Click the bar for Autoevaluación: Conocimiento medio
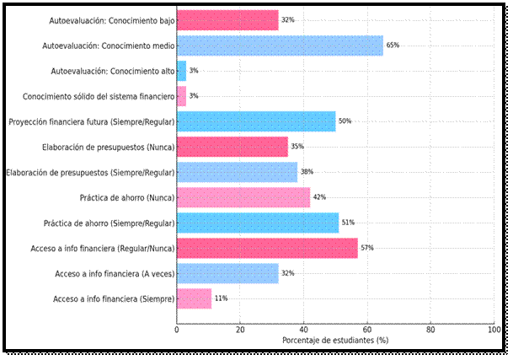(280, 45)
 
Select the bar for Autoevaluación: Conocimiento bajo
(227, 19)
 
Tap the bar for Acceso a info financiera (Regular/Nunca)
(267, 248)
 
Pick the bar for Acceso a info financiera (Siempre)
(194, 298)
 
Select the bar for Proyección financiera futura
(256, 121)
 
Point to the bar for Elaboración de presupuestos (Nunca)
(232, 147)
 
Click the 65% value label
(393, 46)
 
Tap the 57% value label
(367, 248)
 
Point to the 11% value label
(222, 298)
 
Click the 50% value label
(345, 121)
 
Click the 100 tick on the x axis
(494, 330)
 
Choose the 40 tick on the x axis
(303, 330)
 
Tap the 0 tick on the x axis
(177, 330)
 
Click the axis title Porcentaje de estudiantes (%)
(335, 341)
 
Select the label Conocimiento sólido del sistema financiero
(99, 96)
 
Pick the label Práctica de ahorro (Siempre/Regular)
(109, 223)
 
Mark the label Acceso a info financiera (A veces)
(115, 273)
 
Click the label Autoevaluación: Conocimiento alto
(113, 71)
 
